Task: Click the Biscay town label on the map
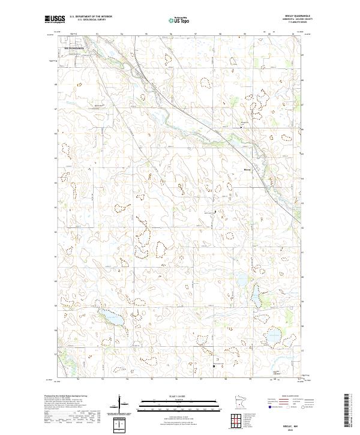[247, 169]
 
